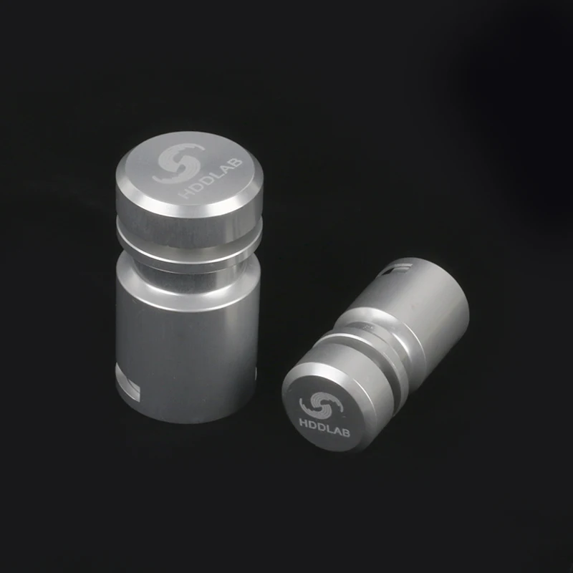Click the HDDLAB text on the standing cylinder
pyautogui.click(x=212, y=178)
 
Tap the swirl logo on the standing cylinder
pyautogui.click(x=178, y=163)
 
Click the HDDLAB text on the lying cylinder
pyautogui.click(x=324, y=428)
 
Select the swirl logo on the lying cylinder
pyautogui.click(x=320, y=405)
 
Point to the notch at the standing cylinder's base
pyautogui.click(x=128, y=385)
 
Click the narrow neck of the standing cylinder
pyautogui.click(x=188, y=272)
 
